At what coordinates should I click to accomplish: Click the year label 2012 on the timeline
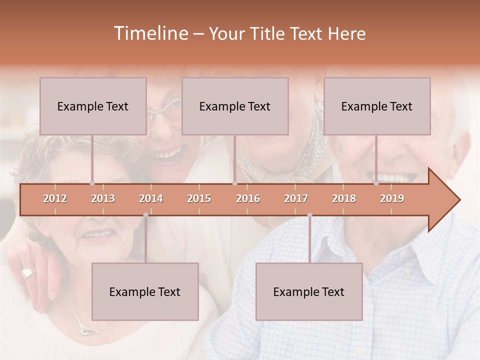[x=55, y=198]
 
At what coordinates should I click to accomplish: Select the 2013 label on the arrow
[x=103, y=198]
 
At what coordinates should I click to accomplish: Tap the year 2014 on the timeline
[x=151, y=198]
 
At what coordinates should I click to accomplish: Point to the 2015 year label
[x=199, y=198]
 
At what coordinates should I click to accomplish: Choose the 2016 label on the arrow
[x=248, y=198]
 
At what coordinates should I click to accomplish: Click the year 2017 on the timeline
[x=296, y=198]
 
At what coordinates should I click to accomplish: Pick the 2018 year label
[x=344, y=198]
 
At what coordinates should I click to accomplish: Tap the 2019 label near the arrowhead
[x=392, y=198]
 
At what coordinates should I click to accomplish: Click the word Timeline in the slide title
[x=150, y=33]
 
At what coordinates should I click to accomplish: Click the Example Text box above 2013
[x=93, y=106]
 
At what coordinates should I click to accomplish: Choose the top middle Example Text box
[x=235, y=106]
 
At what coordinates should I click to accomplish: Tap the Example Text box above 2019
[x=377, y=106]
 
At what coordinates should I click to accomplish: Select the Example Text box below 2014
[x=145, y=291]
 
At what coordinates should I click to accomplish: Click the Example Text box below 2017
[x=309, y=291]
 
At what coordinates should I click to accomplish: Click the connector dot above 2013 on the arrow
[x=92, y=183]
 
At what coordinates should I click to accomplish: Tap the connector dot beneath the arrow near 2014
[x=145, y=215]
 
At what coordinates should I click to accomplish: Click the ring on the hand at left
[x=28, y=273]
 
